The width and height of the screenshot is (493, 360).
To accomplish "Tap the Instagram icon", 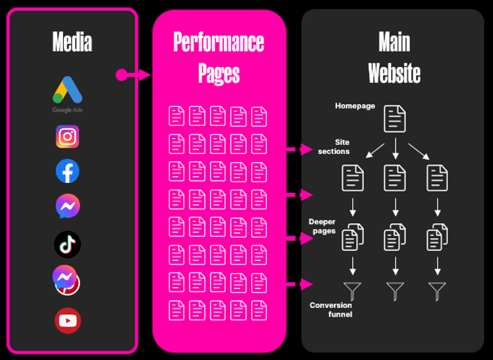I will [x=68, y=136].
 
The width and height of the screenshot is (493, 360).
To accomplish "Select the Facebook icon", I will [x=68, y=171].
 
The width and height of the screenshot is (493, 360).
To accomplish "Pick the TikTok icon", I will [x=67, y=244].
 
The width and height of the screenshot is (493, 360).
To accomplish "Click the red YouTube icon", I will [x=68, y=321].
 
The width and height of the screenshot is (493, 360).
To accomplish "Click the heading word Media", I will [x=72, y=42].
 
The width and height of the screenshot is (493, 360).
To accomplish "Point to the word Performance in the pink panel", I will [x=219, y=42].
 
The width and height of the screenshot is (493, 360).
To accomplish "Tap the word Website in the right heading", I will [x=394, y=72].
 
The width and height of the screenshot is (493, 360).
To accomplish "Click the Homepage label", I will [x=355, y=106].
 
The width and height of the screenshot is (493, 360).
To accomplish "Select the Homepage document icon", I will [x=395, y=118].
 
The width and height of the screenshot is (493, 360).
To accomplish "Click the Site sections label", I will [x=334, y=146].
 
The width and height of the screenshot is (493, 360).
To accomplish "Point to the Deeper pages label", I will [x=323, y=226].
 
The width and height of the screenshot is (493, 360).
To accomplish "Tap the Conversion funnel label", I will [x=331, y=309].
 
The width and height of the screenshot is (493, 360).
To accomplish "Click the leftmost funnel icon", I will [x=353, y=290].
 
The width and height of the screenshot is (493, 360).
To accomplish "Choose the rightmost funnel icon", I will [x=437, y=290].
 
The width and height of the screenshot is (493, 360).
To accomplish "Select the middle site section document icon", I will [x=395, y=178].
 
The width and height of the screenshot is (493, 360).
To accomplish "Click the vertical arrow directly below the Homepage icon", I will [x=395, y=148].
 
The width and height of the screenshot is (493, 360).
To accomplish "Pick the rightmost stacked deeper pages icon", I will [x=438, y=236].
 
